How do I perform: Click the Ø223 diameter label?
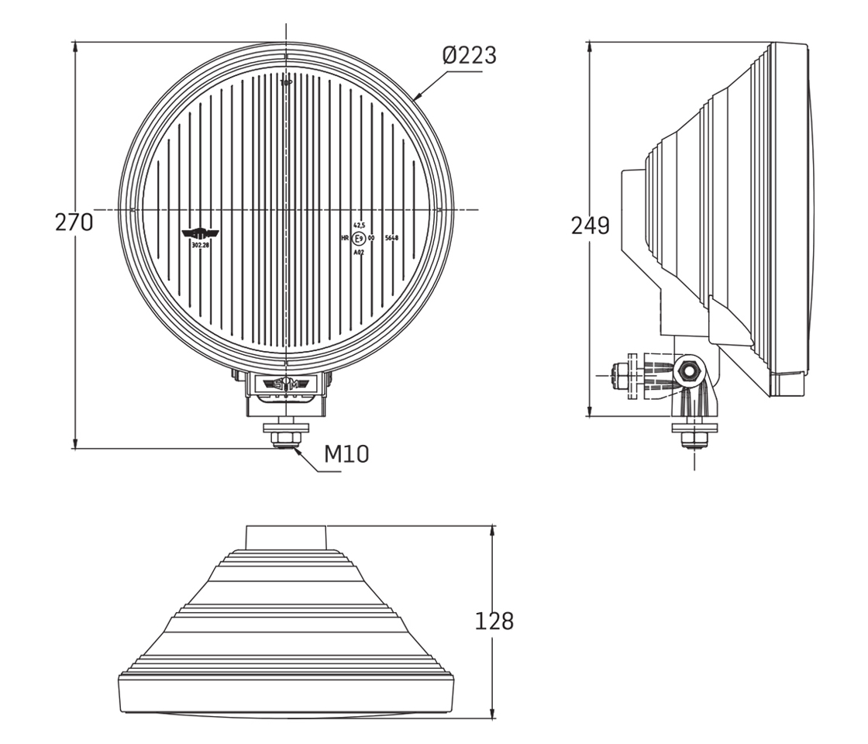pos(469,56)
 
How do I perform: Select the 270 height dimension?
pos(74,223)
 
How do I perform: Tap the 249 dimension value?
pos(590,226)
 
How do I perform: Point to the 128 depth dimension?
pos(494,622)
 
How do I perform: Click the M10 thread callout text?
pos(346,454)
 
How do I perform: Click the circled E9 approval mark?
pos(359,239)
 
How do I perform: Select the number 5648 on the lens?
pos(391,239)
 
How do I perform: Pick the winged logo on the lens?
pos(200,232)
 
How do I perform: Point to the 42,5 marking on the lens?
pos(359,225)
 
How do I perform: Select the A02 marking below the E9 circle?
pos(358,253)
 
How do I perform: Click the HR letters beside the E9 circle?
pos(345,239)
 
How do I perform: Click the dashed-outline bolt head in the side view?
pos(618,375)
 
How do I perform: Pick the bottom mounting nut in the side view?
pos(694,440)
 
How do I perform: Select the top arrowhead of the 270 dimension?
pos(75,46)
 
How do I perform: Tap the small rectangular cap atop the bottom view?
pos(286,537)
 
